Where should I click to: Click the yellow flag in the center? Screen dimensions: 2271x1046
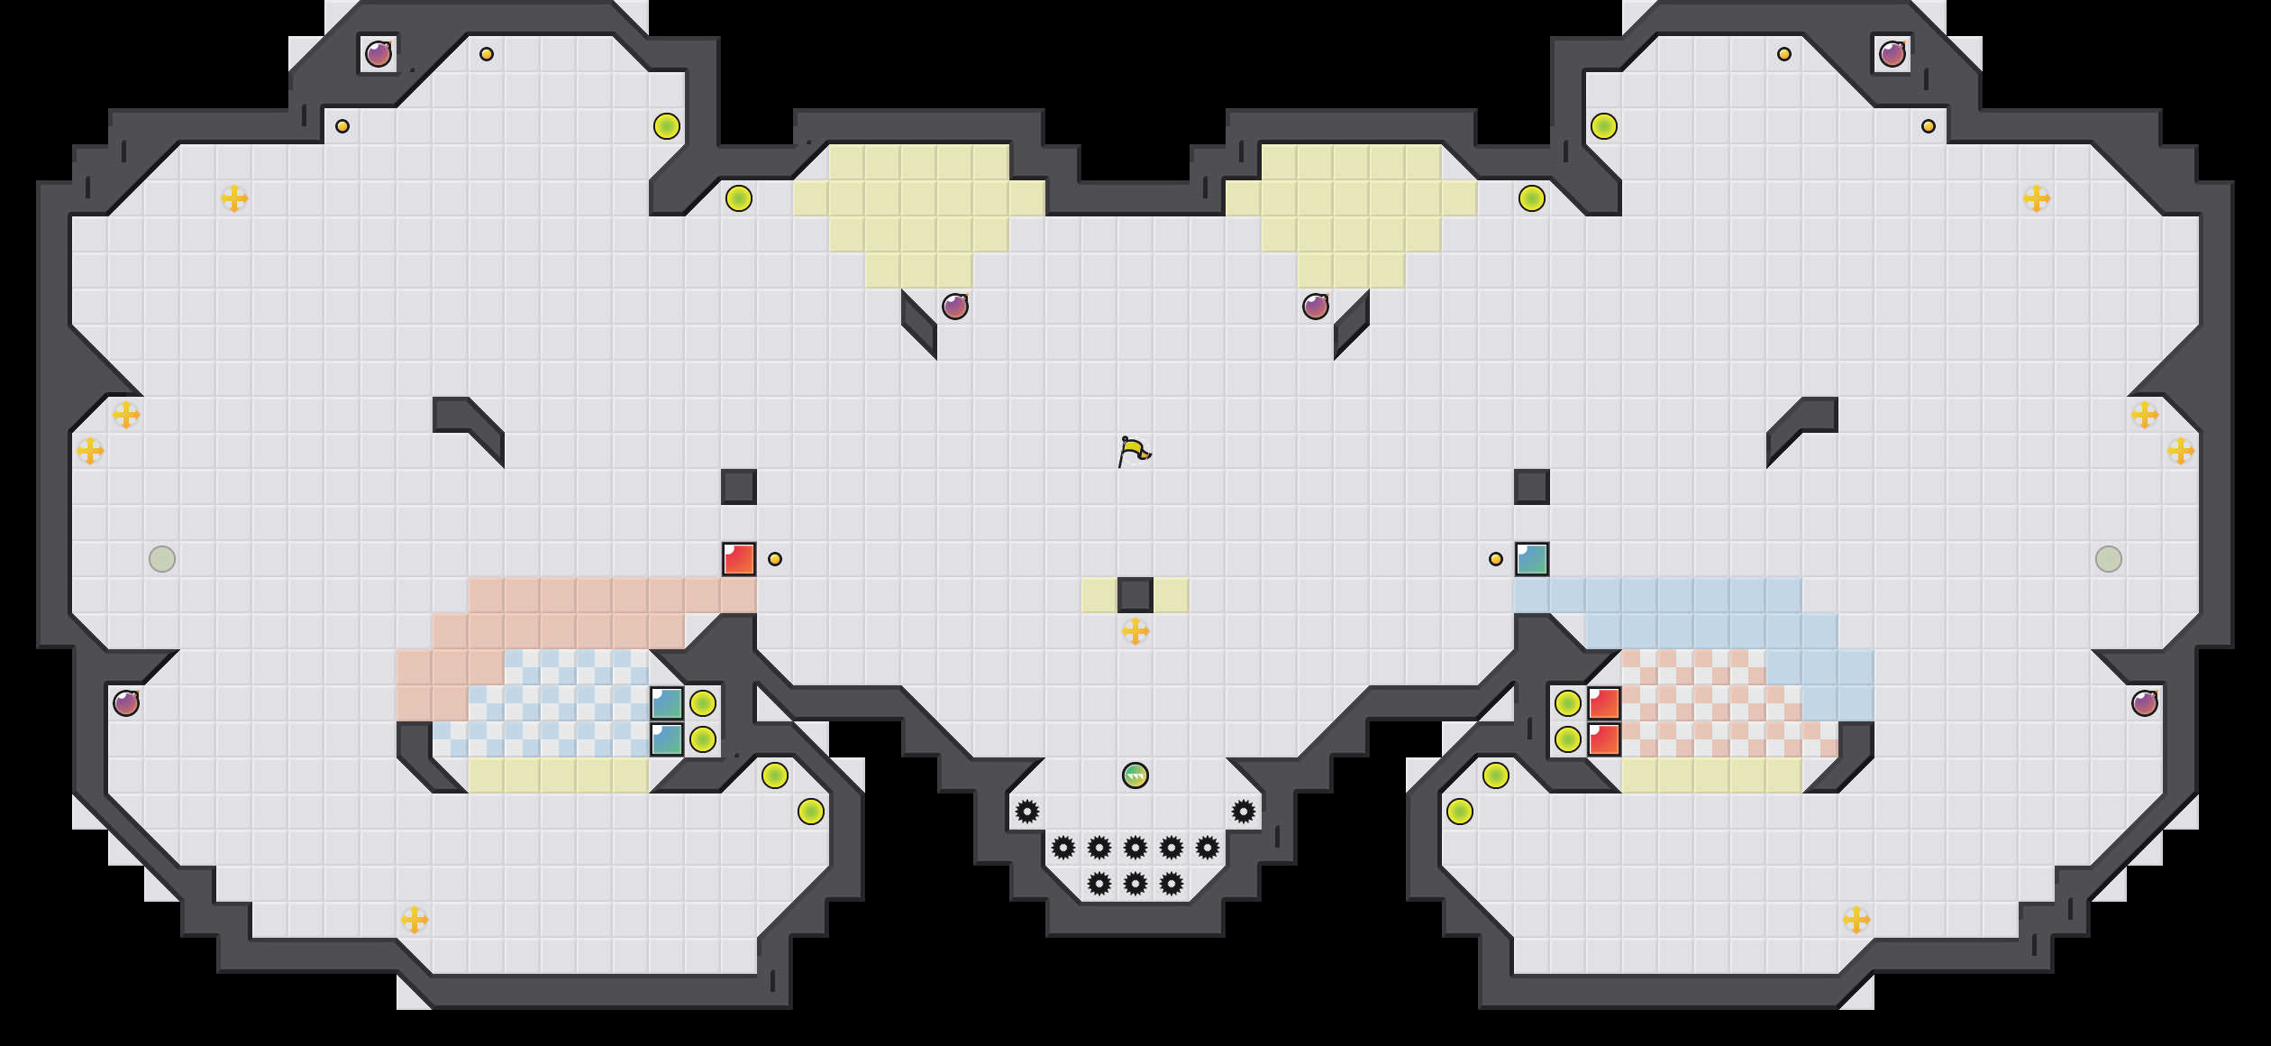tap(1134, 451)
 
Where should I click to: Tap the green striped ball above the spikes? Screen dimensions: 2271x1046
tap(1135, 775)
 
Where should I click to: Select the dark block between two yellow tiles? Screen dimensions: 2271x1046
tap(1135, 595)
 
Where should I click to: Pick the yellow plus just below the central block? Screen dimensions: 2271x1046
tap(1135, 631)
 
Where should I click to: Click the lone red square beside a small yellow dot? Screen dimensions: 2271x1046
tap(739, 559)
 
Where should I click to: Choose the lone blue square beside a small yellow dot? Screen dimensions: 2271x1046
tap(1532, 559)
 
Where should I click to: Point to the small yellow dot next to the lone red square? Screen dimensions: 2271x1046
tap(775, 559)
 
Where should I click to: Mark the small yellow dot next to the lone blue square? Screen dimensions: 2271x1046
tap(1496, 559)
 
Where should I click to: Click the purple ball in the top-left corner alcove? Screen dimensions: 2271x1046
tap(378, 54)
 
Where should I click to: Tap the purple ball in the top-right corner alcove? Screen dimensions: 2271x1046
tap(1892, 54)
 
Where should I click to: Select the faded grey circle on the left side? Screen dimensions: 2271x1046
tap(162, 559)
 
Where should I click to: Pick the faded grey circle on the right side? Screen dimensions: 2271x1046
tap(2109, 559)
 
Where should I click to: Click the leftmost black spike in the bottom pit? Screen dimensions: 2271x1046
tap(1027, 812)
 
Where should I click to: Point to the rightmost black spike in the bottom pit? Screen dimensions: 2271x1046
tap(1244, 812)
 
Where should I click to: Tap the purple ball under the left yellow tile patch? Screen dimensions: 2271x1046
tap(955, 307)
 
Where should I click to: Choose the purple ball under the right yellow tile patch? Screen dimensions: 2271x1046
tap(1316, 307)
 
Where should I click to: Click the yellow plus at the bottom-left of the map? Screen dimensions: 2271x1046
tap(415, 920)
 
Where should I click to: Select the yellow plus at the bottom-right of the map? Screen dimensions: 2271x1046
tap(1856, 920)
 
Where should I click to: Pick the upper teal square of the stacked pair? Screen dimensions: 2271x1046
tap(667, 703)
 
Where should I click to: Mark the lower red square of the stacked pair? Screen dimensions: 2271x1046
tap(1604, 739)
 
